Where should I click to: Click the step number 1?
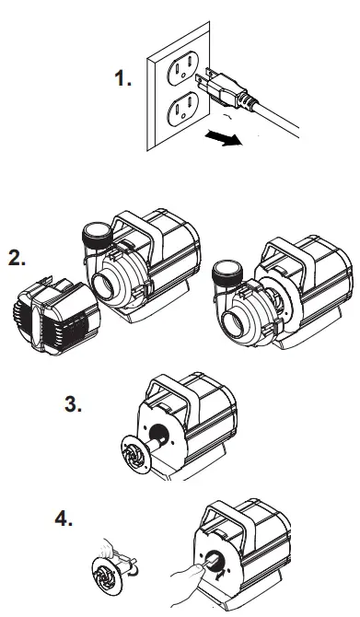[123, 81]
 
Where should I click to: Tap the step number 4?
[64, 519]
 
